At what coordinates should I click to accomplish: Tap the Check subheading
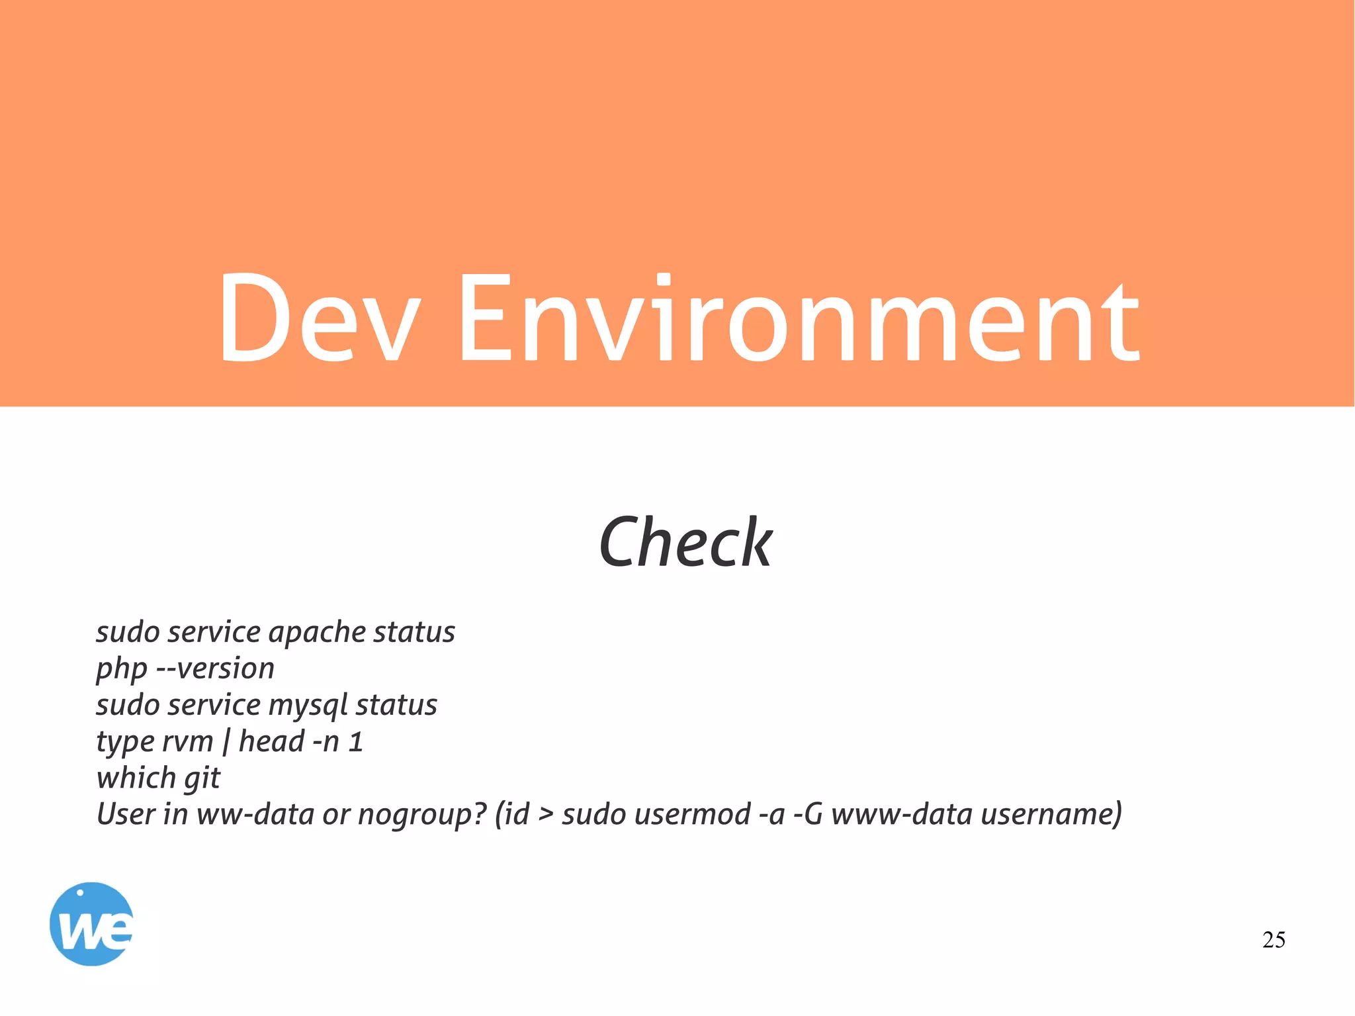(x=685, y=543)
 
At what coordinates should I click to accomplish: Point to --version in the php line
(x=215, y=669)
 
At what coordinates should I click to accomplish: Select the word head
(x=271, y=741)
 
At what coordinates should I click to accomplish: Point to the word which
(x=136, y=778)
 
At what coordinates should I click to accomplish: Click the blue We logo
(x=92, y=924)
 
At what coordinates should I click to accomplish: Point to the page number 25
(x=1273, y=940)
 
